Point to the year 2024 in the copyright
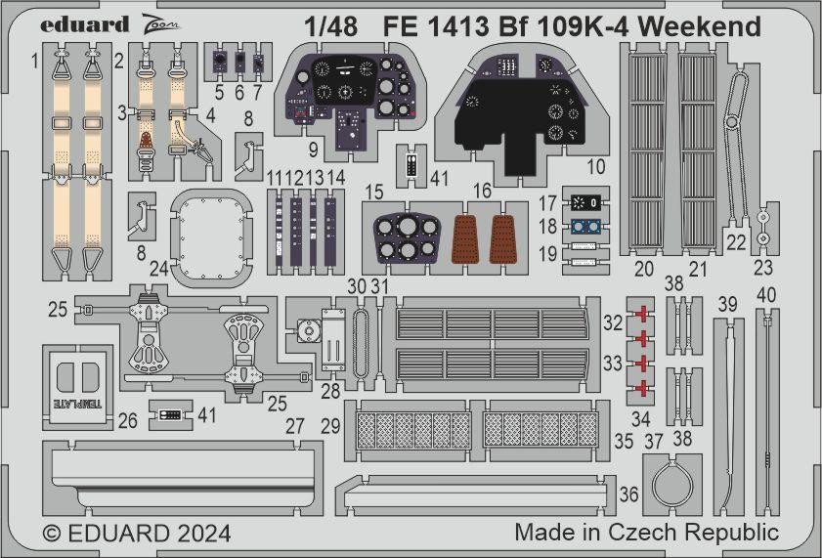point(203,534)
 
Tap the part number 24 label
point(158,267)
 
